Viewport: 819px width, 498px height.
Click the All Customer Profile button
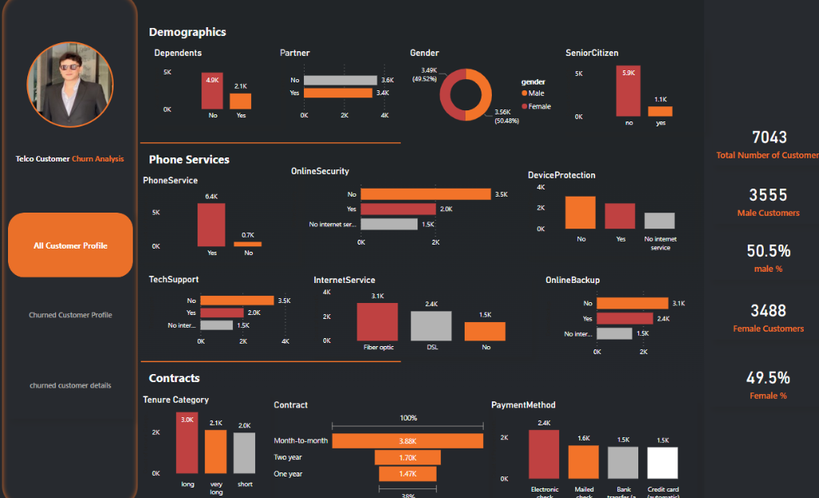point(70,245)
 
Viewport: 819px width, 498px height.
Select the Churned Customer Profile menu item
point(70,315)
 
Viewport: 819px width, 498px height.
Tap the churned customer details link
point(70,385)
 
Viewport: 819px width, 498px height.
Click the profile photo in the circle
point(70,84)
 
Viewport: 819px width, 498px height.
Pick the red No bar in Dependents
point(212,91)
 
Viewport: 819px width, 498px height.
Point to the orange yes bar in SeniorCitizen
point(660,111)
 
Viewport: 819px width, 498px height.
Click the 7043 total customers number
point(769,137)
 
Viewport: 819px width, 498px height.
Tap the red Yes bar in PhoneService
point(211,225)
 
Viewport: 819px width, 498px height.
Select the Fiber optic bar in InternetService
point(377,322)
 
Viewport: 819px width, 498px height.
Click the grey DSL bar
point(431,326)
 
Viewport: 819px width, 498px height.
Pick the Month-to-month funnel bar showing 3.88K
point(407,441)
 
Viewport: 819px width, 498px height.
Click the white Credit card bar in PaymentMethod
point(662,463)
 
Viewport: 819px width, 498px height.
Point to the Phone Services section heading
point(189,160)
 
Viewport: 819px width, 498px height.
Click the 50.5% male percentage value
point(769,251)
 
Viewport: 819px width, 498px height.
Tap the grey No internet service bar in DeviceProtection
point(659,221)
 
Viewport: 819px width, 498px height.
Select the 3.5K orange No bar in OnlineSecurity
point(425,194)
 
